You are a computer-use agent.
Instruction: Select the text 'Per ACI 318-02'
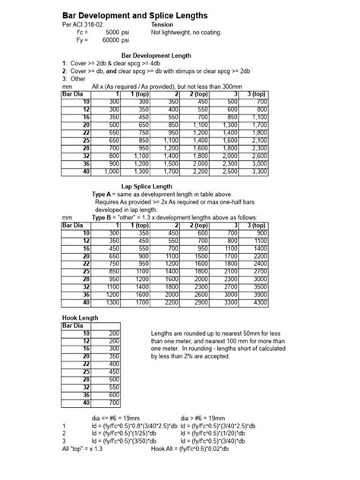84,25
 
